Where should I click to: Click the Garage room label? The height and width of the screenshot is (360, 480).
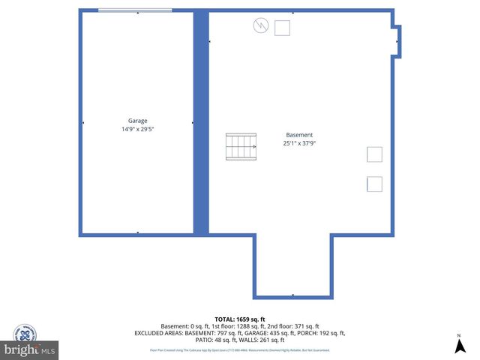(137, 120)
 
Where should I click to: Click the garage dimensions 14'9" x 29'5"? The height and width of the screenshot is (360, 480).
(137, 129)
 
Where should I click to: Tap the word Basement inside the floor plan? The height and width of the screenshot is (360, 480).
(299, 135)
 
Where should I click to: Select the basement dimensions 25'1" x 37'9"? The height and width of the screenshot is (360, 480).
(299, 143)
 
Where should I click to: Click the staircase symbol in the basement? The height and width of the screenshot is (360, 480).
(241, 146)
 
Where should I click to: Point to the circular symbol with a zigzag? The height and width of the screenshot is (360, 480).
(260, 25)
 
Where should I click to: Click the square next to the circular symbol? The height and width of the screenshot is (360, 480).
(282, 28)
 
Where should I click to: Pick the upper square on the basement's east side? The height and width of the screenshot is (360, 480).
(374, 154)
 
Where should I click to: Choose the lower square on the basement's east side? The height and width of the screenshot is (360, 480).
(374, 184)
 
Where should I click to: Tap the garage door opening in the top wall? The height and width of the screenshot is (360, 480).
(135, 10)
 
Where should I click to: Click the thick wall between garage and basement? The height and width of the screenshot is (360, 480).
(201, 124)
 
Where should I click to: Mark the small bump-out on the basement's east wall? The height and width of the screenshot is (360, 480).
(397, 41)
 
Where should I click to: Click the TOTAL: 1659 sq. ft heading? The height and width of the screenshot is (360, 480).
(239, 318)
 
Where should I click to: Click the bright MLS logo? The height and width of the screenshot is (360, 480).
(30, 350)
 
